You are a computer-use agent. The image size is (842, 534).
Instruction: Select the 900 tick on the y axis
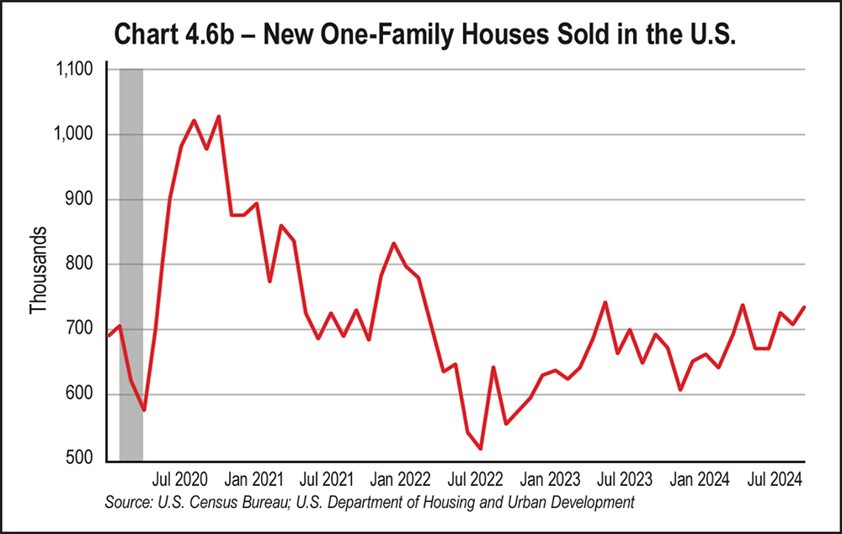83,200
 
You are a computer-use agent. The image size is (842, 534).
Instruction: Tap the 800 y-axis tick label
83,264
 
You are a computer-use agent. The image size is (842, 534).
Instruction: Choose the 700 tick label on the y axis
83,329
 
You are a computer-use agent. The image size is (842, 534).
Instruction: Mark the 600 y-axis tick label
83,394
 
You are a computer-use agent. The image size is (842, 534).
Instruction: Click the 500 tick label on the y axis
83,460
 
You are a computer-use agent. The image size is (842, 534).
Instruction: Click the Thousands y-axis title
38,270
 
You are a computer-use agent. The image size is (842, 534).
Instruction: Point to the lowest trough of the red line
480,449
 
